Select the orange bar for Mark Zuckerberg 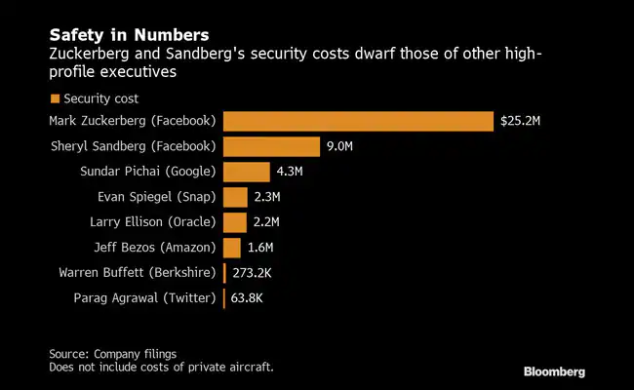pos(357,121)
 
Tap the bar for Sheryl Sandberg pos(271,146)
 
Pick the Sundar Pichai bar pos(246,172)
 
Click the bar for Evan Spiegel pos(235,197)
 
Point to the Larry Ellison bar pos(234,222)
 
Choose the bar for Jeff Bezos pos(231,248)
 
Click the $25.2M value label pos(522,121)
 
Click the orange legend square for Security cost pos(55,98)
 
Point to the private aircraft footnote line pos(161,367)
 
